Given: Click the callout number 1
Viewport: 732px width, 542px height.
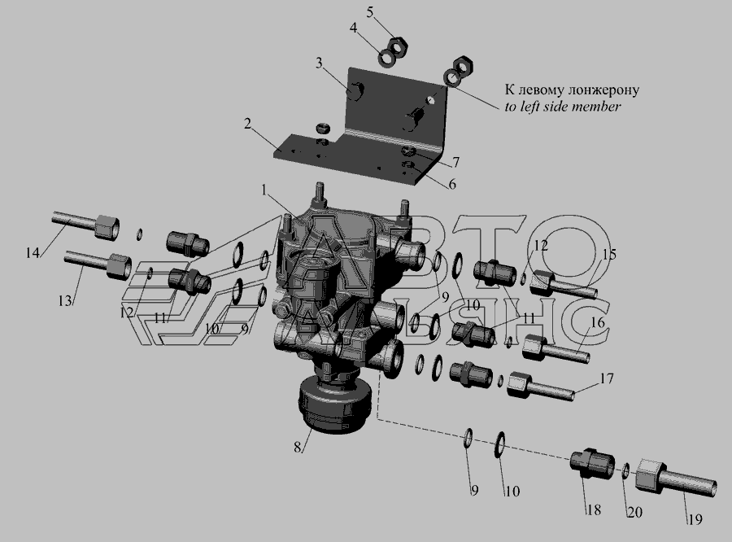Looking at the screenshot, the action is tap(264, 190).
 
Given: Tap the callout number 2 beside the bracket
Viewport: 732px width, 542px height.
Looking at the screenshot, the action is tap(247, 124).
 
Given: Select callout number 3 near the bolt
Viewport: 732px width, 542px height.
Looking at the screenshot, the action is tap(319, 63).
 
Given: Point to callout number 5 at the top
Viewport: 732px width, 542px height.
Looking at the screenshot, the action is tap(370, 13).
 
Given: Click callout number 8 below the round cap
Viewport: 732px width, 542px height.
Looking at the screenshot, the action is tap(298, 447).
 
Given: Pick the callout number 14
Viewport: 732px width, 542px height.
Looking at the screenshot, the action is tap(33, 253).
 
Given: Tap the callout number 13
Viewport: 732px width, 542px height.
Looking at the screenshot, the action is tap(65, 300).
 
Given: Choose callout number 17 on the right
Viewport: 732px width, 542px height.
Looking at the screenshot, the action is tap(607, 378).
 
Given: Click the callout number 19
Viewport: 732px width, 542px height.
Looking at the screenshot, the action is tap(695, 518).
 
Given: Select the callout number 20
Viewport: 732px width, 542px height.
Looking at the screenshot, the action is tap(635, 513).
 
